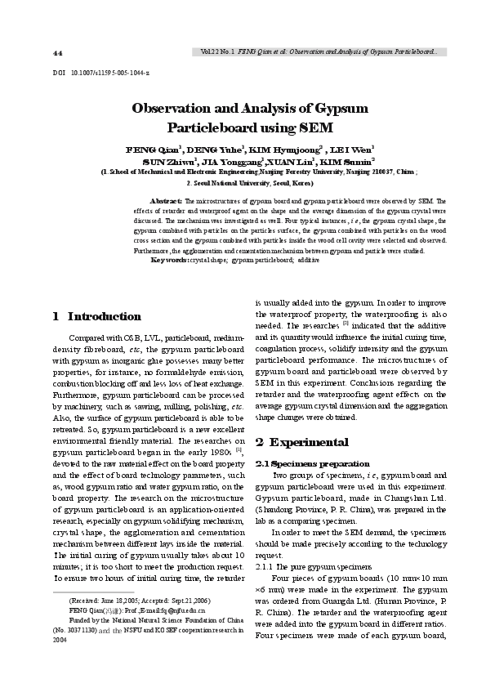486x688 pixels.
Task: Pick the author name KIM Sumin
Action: [x=350, y=162]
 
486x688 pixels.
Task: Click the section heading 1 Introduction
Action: [x=96, y=315]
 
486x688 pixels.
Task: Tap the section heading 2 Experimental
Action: [x=302, y=442]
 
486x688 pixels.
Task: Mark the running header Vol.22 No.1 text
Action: [x=218, y=51]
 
